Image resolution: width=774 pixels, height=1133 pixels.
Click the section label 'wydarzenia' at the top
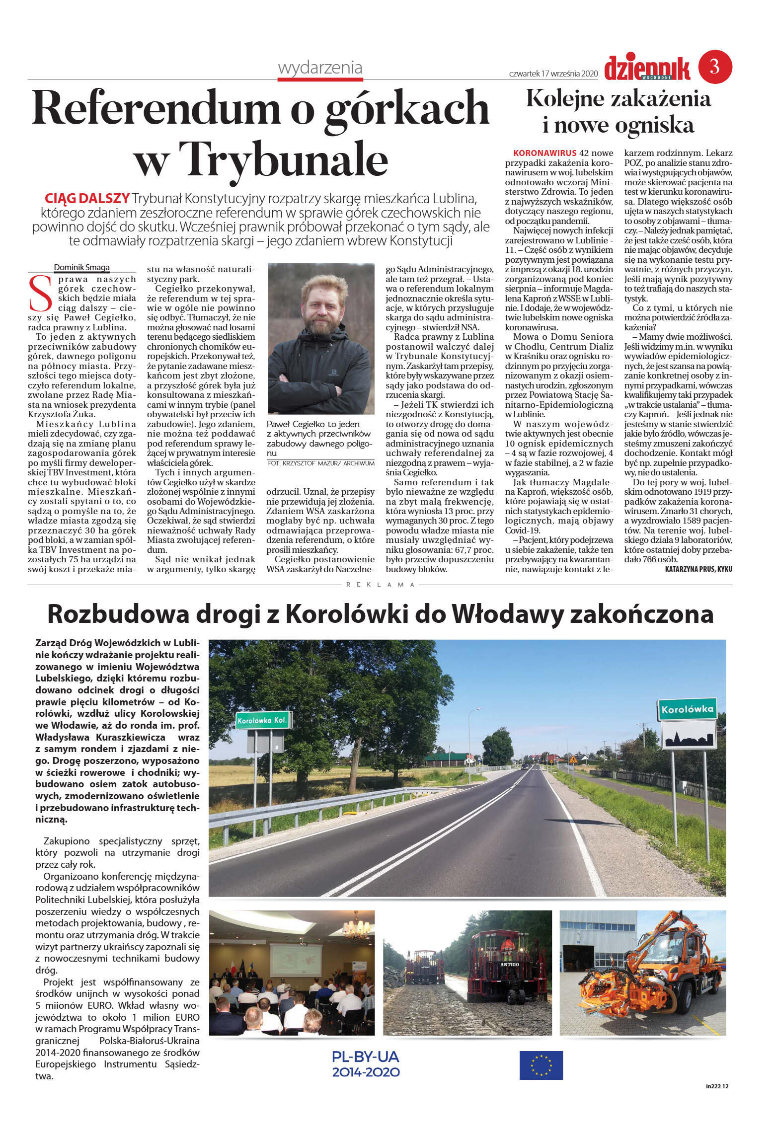pos(320,68)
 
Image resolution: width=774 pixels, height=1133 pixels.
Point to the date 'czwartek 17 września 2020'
pos(553,74)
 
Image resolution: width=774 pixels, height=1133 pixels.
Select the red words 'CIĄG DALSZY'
pos(87,199)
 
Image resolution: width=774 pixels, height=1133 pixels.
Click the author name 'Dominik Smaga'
pos(81,267)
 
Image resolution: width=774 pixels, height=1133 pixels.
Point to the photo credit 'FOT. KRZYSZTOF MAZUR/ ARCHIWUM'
pos(320,463)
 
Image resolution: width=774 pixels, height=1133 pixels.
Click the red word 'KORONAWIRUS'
pos(544,153)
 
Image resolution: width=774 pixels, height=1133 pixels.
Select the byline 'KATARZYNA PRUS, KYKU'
pos(698,569)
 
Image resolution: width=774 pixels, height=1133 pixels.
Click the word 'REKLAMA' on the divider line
pos(380,585)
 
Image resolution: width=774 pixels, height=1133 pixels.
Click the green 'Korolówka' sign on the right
pos(687,709)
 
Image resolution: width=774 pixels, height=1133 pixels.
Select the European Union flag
pos(541,1064)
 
